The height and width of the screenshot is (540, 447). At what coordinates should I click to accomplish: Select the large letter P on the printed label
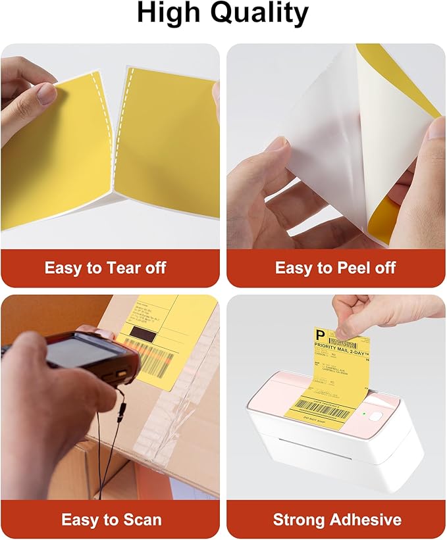[x=321, y=335]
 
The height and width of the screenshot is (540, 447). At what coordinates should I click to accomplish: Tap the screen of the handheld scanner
[x=76, y=353]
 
